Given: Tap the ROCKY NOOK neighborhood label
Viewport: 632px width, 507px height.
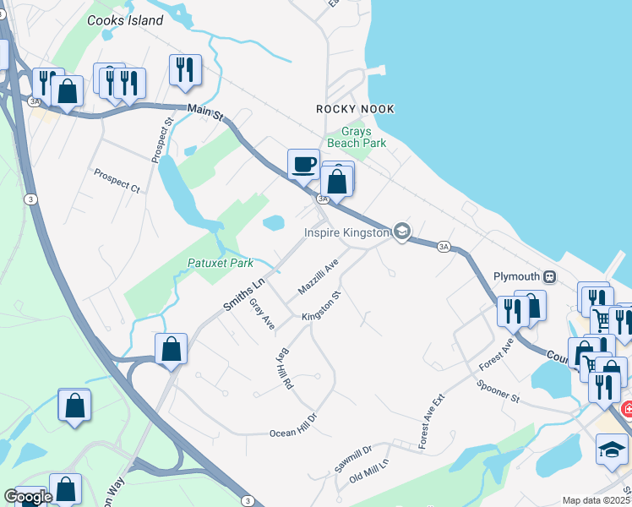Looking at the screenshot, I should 356,109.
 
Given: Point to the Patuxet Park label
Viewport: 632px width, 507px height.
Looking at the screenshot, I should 220,264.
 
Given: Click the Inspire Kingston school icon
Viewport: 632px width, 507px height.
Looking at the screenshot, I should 402,232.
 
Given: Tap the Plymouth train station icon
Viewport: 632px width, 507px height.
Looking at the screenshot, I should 549,277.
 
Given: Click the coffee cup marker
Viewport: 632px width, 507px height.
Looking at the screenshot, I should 303,165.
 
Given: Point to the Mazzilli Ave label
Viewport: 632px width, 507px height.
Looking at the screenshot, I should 318,276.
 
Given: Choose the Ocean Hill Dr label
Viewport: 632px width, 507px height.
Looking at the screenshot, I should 292,427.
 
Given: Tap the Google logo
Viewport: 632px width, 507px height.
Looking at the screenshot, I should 27,497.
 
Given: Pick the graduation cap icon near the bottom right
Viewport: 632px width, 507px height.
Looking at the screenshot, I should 612,449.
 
